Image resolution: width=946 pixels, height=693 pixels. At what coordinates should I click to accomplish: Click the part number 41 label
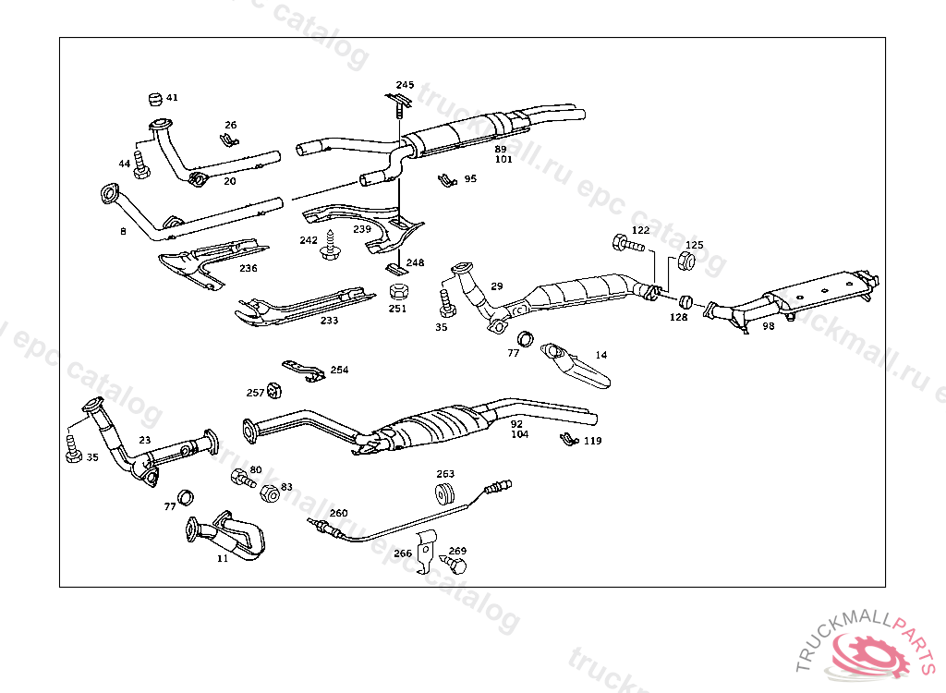pyautogui.click(x=173, y=97)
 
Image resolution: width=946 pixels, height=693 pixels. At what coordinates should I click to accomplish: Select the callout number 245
pyautogui.click(x=405, y=85)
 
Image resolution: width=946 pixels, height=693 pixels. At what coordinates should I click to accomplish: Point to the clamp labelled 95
pyautogui.click(x=446, y=178)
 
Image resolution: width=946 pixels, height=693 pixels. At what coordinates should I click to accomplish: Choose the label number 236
pyautogui.click(x=249, y=269)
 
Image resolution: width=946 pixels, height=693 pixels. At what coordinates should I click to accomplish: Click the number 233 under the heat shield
pyautogui.click(x=330, y=321)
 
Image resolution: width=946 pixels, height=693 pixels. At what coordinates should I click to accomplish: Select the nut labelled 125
pyautogui.click(x=686, y=261)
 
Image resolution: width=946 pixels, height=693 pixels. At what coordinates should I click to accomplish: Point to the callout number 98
pyautogui.click(x=769, y=325)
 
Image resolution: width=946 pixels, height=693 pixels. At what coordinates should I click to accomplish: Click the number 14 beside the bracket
pyautogui.click(x=601, y=355)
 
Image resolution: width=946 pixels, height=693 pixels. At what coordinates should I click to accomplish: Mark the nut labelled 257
pyautogui.click(x=273, y=389)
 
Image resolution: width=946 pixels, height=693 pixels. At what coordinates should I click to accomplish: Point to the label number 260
pyautogui.click(x=339, y=513)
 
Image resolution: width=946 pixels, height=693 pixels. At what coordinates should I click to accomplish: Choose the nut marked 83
pyautogui.click(x=271, y=493)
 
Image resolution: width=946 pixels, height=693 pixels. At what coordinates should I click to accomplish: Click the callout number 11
pyautogui.click(x=223, y=559)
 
